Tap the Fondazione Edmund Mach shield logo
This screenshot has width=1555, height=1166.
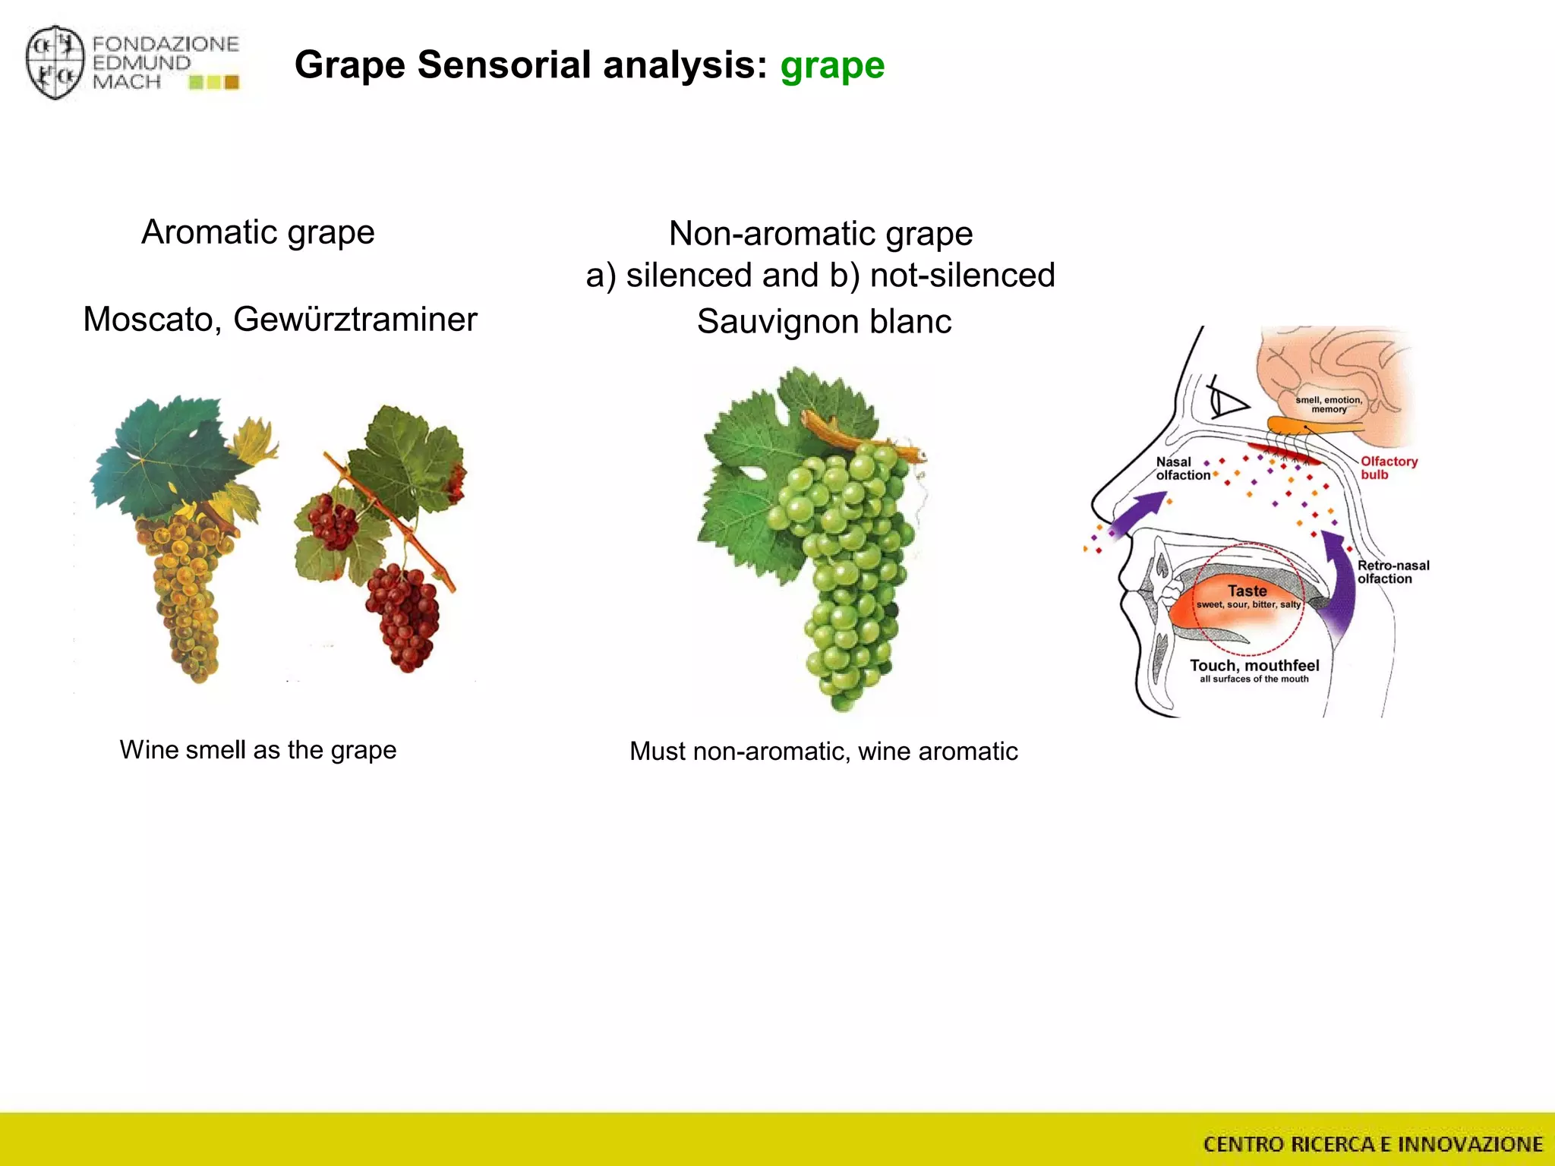[x=54, y=62]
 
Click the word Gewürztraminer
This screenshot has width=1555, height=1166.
[x=355, y=320]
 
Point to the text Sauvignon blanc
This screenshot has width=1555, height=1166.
[x=824, y=322]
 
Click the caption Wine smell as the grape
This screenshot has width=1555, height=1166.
[x=257, y=750]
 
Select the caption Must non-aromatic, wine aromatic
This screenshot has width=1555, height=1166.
[x=823, y=752]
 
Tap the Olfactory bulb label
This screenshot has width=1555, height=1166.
[x=1388, y=468]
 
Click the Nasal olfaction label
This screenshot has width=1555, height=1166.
[x=1181, y=468]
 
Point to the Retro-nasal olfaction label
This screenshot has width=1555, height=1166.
[x=1393, y=572]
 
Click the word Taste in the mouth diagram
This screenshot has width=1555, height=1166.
[x=1247, y=591]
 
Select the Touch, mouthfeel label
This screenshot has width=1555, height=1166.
[x=1254, y=666]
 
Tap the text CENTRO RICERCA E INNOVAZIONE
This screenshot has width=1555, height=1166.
[x=1373, y=1144]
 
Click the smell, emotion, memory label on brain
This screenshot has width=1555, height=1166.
[x=1329, y=405]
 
